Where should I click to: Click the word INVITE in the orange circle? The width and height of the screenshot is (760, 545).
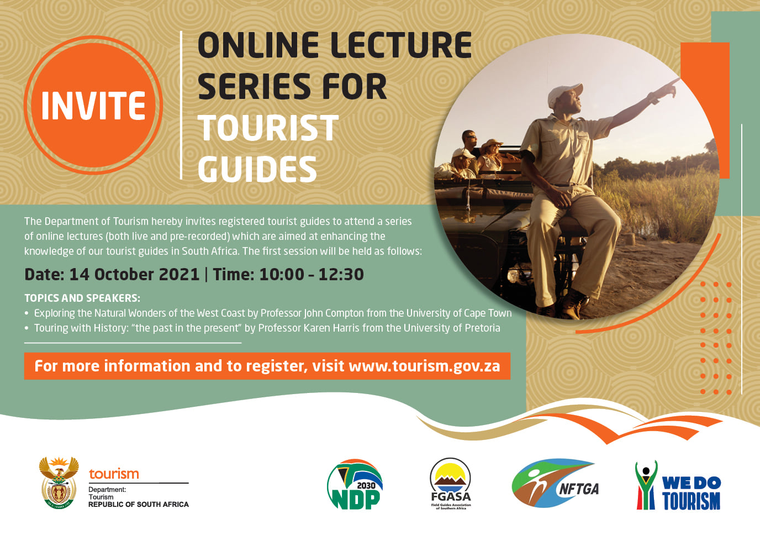[x=93, y=105]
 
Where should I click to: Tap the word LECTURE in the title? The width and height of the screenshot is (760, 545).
[x=402, y=45]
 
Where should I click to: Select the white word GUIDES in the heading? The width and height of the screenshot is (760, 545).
[x=257, y=169]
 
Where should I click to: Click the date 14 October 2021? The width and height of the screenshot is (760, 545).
[x=134, y=274]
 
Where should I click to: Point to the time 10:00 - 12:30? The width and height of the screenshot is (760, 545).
[x=312, y=274]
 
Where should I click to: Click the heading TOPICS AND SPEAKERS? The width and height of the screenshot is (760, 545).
[x=82, y=298]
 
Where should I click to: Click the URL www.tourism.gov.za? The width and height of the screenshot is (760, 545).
[x=424, y=366]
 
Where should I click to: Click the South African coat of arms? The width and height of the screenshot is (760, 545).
[x=59, y=483]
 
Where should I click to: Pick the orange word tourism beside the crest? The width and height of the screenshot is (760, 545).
[x=114, y=474]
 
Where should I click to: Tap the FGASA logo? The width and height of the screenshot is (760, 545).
[x=451, y=484]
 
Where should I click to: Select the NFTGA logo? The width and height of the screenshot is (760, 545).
[x=555, y=483]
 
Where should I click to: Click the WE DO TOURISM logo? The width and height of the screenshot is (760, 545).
[x=678, y=485]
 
